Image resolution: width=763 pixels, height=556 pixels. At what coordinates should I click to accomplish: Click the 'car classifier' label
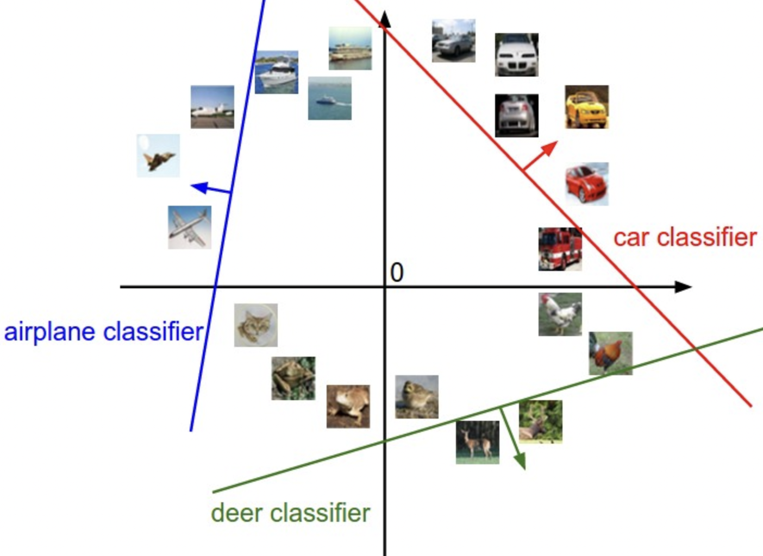685,237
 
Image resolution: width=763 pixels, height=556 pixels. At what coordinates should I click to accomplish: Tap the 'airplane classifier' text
104,332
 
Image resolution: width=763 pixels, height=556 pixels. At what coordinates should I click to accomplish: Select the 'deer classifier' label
291,513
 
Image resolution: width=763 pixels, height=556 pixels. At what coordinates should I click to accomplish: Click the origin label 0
397,272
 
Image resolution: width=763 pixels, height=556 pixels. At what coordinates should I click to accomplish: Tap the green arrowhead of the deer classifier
520,461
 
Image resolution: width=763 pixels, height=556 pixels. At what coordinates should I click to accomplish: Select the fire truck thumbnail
560,249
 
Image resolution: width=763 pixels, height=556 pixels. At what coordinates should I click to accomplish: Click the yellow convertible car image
586,107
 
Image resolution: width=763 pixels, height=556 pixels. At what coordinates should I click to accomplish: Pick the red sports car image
587,184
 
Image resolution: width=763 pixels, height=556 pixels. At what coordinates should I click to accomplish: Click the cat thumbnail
256,325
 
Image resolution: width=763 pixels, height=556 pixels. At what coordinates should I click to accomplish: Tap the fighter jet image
158,155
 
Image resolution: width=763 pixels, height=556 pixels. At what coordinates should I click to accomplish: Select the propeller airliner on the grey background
189,228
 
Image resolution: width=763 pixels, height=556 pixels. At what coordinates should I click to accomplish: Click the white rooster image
560,314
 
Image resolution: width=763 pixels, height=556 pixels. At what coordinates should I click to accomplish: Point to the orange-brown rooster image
611,353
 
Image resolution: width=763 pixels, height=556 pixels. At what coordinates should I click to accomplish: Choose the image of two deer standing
478,443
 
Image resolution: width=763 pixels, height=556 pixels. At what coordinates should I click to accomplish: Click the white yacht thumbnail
277,72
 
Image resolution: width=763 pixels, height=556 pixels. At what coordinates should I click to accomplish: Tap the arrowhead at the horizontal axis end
683,287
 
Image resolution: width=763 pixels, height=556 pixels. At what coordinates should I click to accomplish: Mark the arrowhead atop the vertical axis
385,19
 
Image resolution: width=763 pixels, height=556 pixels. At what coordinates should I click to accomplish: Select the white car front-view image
517,55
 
